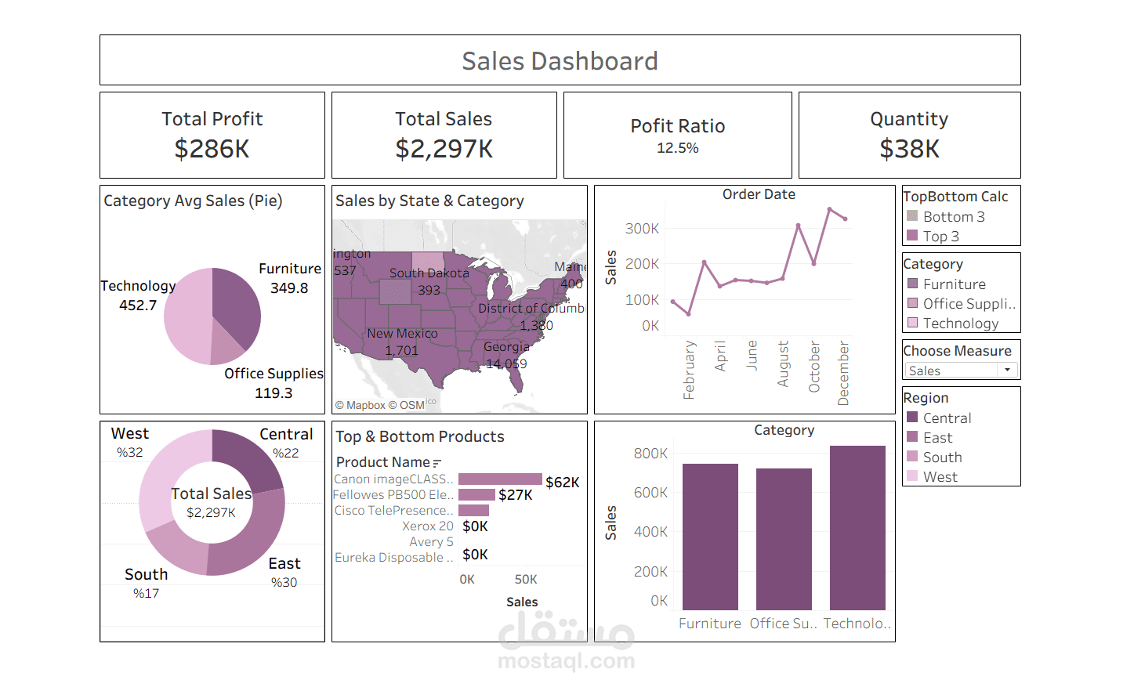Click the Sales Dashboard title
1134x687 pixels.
click(x=560, y=61)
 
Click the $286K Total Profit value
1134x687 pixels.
click(x=212, y=149)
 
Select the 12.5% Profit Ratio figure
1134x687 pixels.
click(x=677, y=148)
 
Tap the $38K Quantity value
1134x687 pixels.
click(x=909, y=149)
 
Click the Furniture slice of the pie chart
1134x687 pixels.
click(x=236, y=306)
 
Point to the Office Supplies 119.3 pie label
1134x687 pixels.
click(x=274, y=383)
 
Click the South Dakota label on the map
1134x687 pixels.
click(x=429, y=273)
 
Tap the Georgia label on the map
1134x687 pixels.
click(x=506, y=346)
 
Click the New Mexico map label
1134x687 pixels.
click(x=402, y=334)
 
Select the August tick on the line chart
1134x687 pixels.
click(x=783, y=363)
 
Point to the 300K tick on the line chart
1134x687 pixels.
click(x=642, y=229)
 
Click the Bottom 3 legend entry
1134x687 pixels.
click(x=953, y=217)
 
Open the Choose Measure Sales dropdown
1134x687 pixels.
click(x=962, y=371)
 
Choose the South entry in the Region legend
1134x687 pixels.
click(x=942, y=457)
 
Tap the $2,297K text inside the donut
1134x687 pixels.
click(x=211, y=512)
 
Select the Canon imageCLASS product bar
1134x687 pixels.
click(x=500, y=479)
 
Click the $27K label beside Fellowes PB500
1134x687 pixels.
click(x=515, y=495)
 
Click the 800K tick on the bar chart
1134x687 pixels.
click(x=650, y=454)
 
